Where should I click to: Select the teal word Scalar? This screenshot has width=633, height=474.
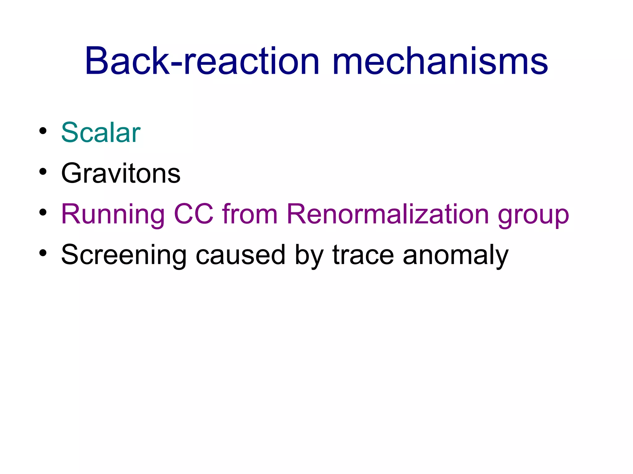point(101,133)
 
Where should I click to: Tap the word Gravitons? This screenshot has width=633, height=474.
point(121,173)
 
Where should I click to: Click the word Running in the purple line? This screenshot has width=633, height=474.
point(113,214)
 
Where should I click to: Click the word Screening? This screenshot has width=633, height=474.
point(124,255)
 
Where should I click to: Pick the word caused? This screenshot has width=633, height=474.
point(240,255)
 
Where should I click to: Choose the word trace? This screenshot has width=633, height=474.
point(363,255)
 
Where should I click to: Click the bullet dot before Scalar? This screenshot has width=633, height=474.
point(43,131)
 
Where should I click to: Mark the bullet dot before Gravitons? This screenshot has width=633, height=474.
point(43,172)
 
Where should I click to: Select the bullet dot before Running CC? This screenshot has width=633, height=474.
point(43,212)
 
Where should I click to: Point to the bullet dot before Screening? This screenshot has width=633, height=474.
point(43,253)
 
